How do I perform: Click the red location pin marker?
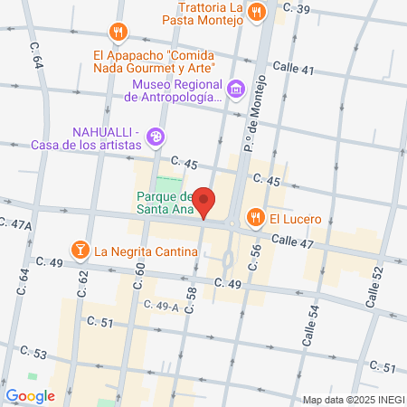click(205, 202)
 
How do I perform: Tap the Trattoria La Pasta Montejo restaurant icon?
click(257, 13)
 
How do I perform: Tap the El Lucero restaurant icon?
click(256, 218)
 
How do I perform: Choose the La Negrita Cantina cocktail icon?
click(80, 250)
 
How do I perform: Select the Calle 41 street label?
click(294, 69)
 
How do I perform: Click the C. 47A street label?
click(15, 223)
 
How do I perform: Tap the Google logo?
click(30, 395)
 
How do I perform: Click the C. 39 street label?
click(296, 9)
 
